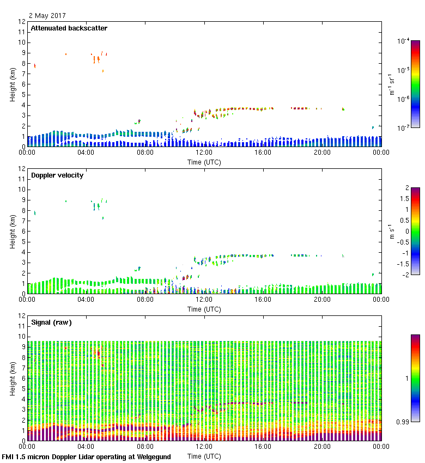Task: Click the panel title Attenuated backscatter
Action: (x=69, y=28)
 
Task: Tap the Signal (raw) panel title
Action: (x=51, y=322)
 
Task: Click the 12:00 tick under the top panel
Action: (x=204, y=153)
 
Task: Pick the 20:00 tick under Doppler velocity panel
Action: (x=322, y=300)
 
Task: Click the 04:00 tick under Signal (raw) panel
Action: (x=86, y=447)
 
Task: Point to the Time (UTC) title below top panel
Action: (x=204, y=162)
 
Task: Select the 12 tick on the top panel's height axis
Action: (x=22, y=22)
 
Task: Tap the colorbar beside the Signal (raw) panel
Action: (x=415, y=378)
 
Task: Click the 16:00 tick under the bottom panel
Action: (x=263, y=447)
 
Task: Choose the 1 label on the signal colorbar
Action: (x=406, y=378)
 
